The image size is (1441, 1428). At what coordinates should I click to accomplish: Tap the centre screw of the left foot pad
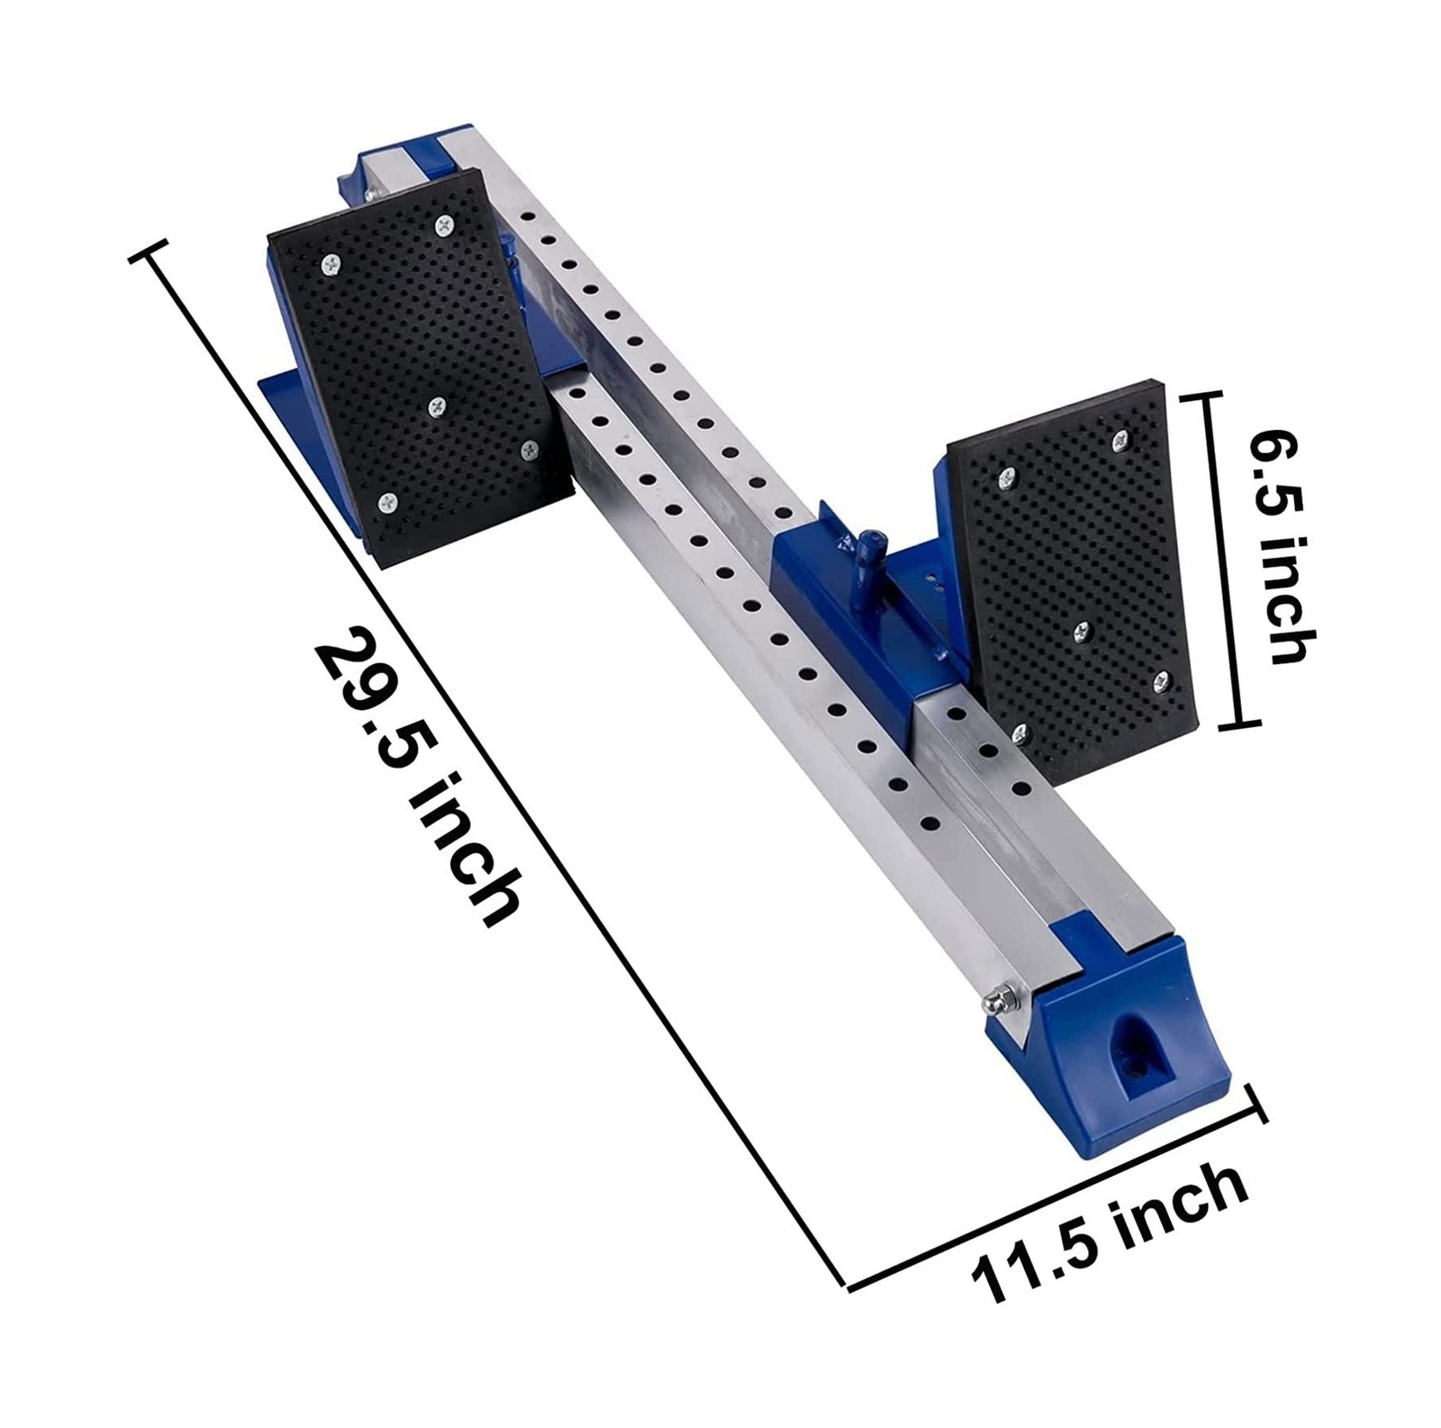tap(438, 406)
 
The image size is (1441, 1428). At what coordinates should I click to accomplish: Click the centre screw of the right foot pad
tap(1084, 630)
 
